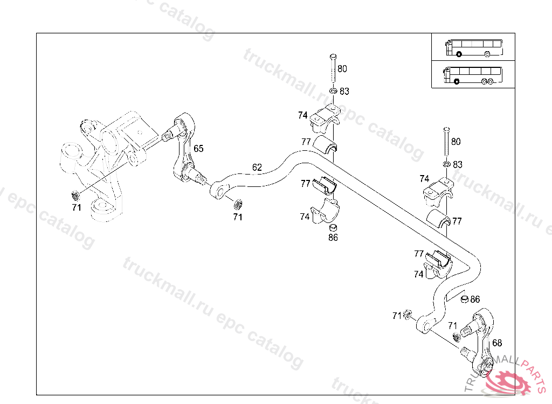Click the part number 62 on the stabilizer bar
257,168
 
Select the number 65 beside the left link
198,149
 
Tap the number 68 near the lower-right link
497,343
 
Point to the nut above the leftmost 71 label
75,194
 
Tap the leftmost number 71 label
76,207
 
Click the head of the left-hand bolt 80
332,57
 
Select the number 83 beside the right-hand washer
457,164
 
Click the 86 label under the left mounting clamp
333,238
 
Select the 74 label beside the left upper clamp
303,115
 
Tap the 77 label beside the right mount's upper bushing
457,221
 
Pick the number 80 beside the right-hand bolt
456,142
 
